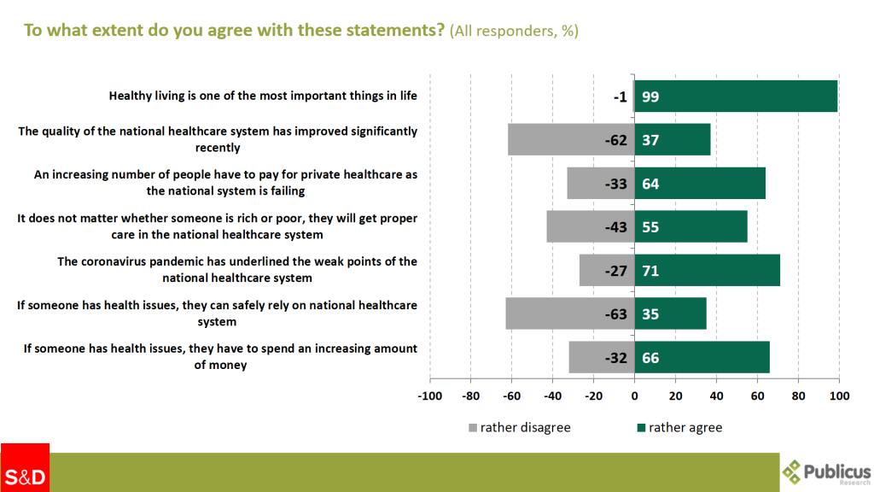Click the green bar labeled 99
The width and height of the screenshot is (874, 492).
736,97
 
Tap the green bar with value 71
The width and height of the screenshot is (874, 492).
707,270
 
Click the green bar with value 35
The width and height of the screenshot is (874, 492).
671,313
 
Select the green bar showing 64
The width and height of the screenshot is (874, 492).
700,184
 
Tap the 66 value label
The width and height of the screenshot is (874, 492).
650,358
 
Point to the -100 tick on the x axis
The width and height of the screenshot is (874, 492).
429,396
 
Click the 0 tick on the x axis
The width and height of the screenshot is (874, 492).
634,396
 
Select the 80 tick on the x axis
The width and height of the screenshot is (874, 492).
798,396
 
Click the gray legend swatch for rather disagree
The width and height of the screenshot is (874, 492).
472,427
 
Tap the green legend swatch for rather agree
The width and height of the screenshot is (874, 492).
641,427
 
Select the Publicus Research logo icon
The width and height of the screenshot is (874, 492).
793,471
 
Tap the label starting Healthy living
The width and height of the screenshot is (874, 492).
263,96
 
